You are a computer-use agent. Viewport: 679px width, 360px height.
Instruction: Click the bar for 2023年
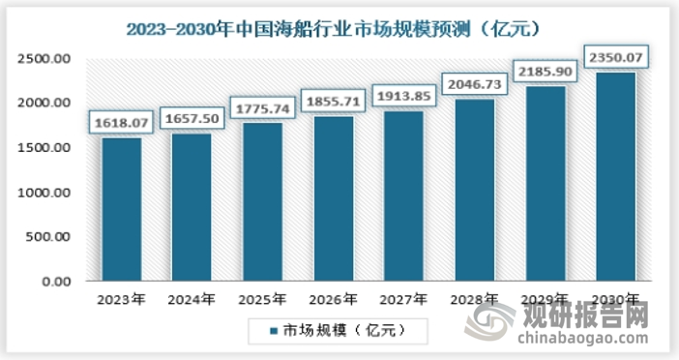121,209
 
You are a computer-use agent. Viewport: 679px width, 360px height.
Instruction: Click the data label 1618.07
121,123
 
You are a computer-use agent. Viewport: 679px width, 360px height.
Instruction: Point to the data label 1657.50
192,119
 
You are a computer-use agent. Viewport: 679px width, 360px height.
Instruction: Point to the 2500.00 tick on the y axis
44,59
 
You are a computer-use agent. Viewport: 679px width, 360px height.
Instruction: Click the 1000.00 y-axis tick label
44,193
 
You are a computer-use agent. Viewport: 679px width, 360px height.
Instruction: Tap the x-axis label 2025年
262,299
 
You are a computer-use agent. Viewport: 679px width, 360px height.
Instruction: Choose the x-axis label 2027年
403,299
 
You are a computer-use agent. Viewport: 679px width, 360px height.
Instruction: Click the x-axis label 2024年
192,299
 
